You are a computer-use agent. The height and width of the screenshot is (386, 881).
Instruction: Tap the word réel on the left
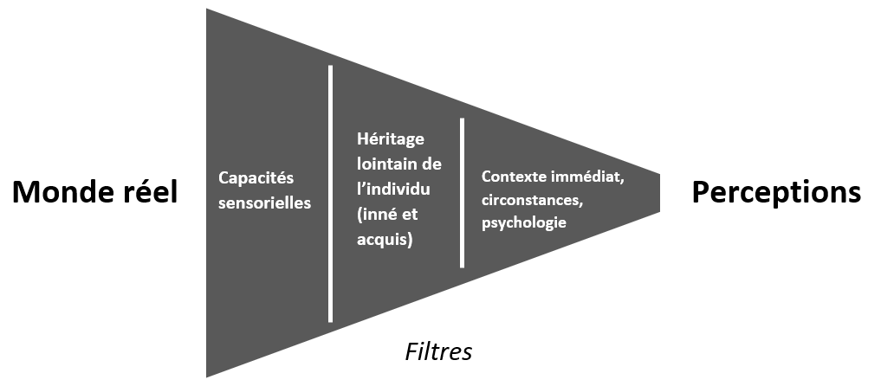click(x=148, y=192)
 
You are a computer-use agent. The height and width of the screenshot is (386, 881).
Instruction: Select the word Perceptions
click(x=776, y=192)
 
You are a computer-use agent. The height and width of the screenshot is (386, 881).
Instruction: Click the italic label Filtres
click(x=439, y=352)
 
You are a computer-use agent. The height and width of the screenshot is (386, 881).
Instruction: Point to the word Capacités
click(x=256, y=177)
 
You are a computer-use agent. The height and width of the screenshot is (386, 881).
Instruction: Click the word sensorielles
click(x=264, y=204)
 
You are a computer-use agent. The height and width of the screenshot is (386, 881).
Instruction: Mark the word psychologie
click(x=523, y=222)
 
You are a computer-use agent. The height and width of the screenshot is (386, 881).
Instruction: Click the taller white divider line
click(x=331, y=192)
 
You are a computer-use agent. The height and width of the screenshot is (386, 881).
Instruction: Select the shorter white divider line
click(x=463, y=192)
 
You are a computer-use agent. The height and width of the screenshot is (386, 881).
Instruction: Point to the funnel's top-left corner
click(x=209, y=11)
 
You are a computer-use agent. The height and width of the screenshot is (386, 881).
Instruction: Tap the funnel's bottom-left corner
click(x=209, y=374)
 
